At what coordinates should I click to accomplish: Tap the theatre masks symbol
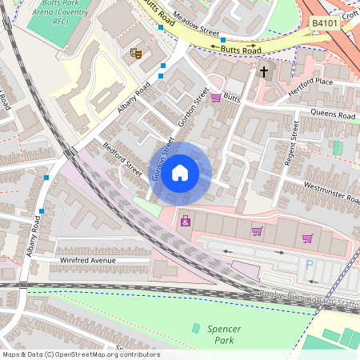coord(136,53)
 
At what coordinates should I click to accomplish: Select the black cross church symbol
coord(264,72)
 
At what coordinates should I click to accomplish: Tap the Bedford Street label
coord(122,160)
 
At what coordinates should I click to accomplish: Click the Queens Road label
coord(332,115)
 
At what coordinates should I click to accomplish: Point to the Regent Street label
coord(291,144)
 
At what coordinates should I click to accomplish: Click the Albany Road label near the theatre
coord(133,100)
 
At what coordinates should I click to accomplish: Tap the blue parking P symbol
coord(310,264)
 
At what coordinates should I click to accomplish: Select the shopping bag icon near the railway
coord(186,221)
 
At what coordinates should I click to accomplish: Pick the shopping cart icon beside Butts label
coord(216,98)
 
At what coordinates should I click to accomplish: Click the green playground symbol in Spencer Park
coord(196,328)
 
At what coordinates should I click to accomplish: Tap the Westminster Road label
coord(330,195)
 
